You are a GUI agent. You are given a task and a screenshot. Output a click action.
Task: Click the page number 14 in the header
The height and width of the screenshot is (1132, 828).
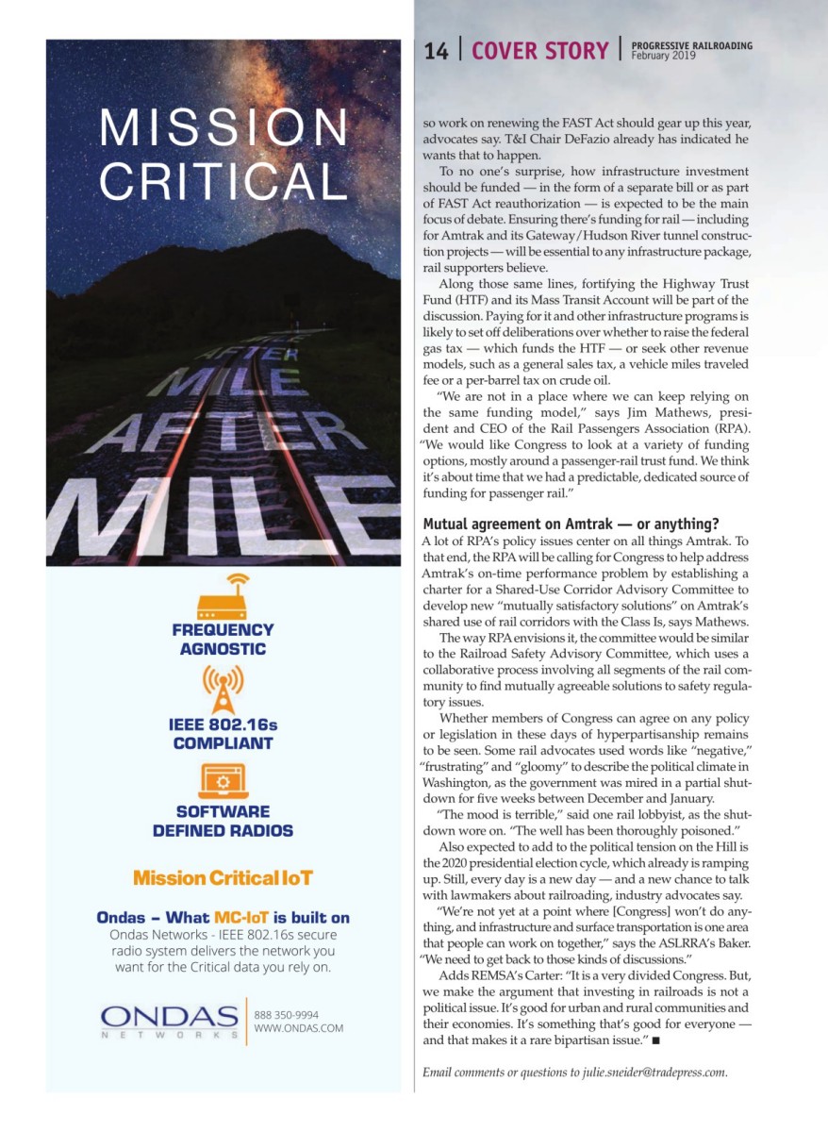pos(436,52)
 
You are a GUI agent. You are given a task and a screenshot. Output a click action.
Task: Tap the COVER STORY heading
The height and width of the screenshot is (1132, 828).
pos(539,52)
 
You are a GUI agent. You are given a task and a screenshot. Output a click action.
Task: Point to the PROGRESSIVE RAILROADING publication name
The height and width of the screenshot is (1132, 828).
pos(691,45)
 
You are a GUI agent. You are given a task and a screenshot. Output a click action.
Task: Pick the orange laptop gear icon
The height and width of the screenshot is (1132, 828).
pos(223,781)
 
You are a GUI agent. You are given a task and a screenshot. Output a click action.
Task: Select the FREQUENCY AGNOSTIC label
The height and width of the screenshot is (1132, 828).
pos(223,640)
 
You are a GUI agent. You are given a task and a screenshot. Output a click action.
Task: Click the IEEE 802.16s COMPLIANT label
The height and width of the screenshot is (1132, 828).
pos(223,734)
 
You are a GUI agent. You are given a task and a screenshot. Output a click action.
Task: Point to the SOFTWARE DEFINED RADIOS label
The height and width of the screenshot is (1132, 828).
pos(223,822)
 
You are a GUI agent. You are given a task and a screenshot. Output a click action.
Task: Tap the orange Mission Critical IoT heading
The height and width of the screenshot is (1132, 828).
pos(223,878)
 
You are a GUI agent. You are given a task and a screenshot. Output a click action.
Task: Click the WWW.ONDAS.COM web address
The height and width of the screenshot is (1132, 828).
pos(298,1029)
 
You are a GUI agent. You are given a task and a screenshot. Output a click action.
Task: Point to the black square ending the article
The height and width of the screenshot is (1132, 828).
pos(654,1040)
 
